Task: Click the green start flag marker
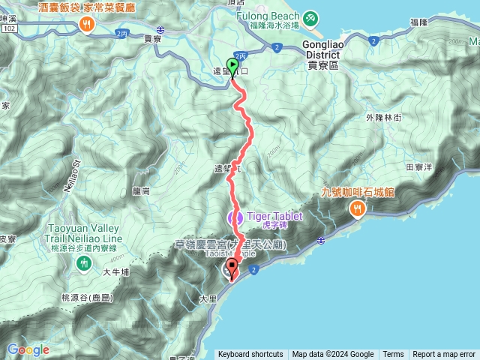click(232, 67)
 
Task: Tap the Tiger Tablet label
click(274, 216)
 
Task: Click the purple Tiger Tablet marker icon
click(235, 217)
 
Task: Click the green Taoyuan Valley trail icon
click(88, 262)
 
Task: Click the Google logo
click(28, 350)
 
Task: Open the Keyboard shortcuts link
click(250, 355)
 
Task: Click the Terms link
click(393, 355)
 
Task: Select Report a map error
click(444, 355)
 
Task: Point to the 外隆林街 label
click(384, 118)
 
